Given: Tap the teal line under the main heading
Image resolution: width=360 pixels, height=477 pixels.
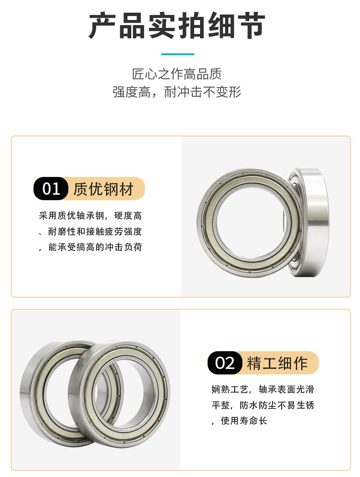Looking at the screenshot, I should [178, 54].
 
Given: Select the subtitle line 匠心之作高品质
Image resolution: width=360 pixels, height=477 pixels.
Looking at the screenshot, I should [177, 74].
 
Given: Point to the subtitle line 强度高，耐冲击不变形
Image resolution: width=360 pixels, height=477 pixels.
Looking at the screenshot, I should [177, 92].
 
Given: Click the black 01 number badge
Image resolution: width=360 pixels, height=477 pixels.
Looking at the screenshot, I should [51, 189].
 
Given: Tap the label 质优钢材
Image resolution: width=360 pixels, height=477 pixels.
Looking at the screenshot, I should [103, 189].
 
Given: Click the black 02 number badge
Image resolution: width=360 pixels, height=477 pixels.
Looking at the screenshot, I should [225, 363].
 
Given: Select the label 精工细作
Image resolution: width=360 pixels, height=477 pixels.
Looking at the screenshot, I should [277, 363].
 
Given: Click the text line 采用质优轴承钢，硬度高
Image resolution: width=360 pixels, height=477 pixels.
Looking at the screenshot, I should [90, 216].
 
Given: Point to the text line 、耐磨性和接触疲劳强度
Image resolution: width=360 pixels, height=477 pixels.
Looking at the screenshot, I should [90, 232].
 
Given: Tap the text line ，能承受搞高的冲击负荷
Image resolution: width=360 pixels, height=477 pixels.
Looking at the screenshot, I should [90, 247].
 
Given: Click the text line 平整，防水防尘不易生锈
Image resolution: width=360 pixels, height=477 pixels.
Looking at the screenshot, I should [262, 405].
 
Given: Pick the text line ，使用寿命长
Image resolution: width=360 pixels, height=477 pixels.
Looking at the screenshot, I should [240, 420].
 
